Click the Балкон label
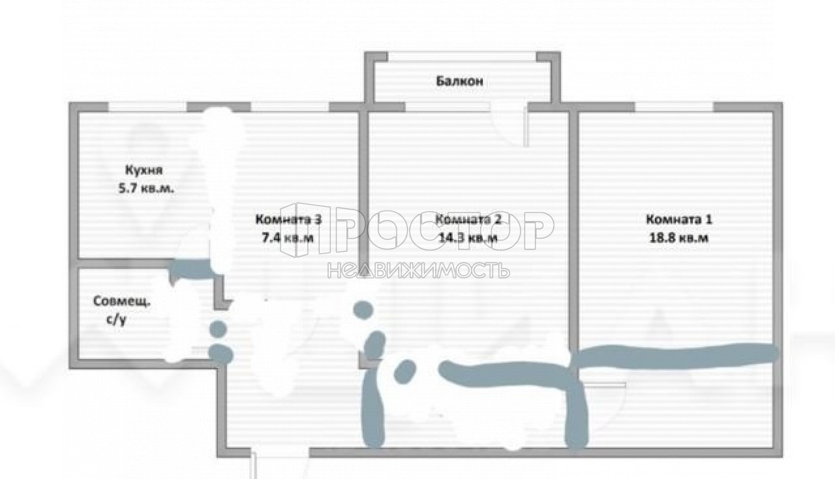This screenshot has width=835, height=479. pos(460,81)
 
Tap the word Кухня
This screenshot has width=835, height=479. pos(144,170)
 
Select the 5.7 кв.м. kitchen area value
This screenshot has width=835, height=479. pos(146,188)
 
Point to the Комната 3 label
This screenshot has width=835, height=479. pos(288,219)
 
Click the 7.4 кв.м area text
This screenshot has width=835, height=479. pos(288,238)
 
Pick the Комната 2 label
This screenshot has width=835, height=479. pos(468,219)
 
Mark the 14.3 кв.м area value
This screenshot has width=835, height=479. pos(468,238)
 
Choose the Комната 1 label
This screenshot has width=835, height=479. pos(679,219)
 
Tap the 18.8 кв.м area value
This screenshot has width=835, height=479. pos(679,238)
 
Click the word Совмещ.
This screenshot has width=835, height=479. pos(121,301)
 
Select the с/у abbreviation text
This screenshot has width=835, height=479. pos(117,320)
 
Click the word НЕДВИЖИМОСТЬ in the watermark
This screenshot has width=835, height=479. pos(418,270)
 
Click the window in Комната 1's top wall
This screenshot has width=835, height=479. pos(674,107)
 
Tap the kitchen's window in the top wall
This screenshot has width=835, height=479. pos(147,107)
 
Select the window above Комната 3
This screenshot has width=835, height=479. pos(290,107)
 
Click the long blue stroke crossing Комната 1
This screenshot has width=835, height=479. pos(675,356)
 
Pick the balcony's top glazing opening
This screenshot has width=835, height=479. pos(463,57)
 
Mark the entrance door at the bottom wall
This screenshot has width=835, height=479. pos(280,454)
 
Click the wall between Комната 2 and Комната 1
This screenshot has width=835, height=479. pos(573,231)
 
